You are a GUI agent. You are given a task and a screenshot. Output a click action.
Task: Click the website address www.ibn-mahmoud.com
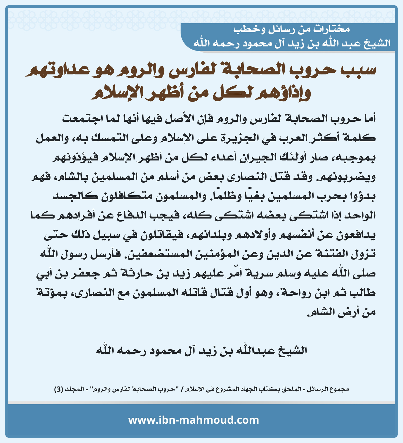(193, 420)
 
